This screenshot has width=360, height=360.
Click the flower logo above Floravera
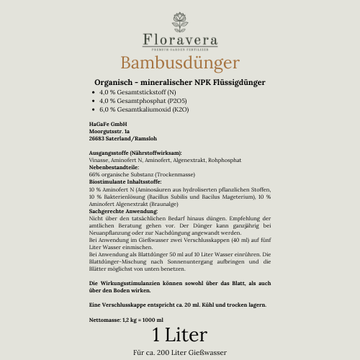click(180, 20)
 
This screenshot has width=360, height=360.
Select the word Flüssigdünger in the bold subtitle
click(237, 83)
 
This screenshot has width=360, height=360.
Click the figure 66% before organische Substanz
click(94, 174)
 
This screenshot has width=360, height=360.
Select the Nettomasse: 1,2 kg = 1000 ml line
click(126, 319)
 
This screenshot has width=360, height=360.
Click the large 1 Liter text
click(180, 335)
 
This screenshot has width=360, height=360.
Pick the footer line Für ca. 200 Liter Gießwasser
click(180, 353)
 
